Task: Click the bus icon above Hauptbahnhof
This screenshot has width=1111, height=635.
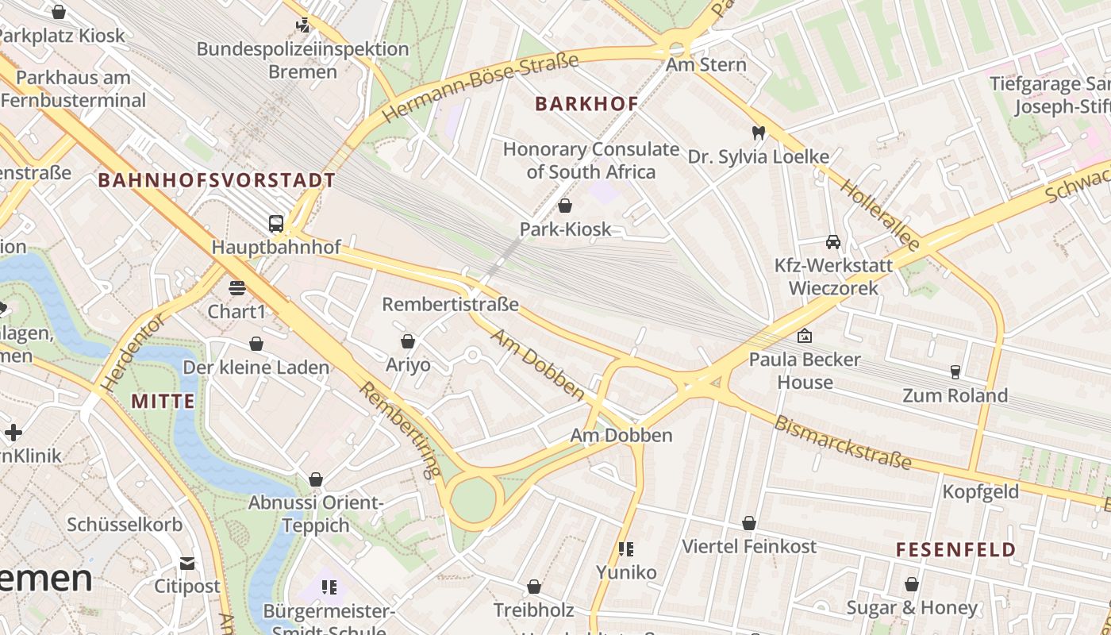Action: click(276, 224)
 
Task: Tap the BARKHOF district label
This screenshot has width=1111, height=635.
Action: click(586, 104)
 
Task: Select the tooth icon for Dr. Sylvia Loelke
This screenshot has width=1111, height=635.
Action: click(758, 133)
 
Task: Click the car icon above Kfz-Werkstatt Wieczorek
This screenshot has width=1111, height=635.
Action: click(833, 242)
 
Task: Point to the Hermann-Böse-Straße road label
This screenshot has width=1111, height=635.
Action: click(480, 87)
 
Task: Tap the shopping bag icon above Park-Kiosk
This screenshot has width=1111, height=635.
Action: click(565, 206)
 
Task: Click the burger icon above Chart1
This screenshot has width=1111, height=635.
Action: click(236, 287)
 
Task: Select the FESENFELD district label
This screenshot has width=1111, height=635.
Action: click(955, 549)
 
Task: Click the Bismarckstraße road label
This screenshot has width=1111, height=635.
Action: click(843, 442)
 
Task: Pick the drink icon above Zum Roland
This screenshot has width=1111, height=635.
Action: click(955, 371)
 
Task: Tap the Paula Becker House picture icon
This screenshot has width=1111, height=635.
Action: click(805, 336)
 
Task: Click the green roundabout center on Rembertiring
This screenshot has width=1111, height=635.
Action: click(474, 501)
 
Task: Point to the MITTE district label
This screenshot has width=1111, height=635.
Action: click(163, 401)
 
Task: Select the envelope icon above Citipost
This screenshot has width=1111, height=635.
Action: click(187, 564)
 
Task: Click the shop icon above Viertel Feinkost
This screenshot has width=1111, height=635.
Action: click(749, 524)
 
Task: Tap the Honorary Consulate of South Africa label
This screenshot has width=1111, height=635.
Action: click(591, 160)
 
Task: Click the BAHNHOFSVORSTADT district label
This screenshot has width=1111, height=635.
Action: click(217, 180)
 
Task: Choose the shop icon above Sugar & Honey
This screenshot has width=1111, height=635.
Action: click(912, 585)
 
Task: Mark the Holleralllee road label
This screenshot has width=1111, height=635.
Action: click(879, 215)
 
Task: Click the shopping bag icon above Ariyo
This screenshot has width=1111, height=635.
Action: click(408, 341)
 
